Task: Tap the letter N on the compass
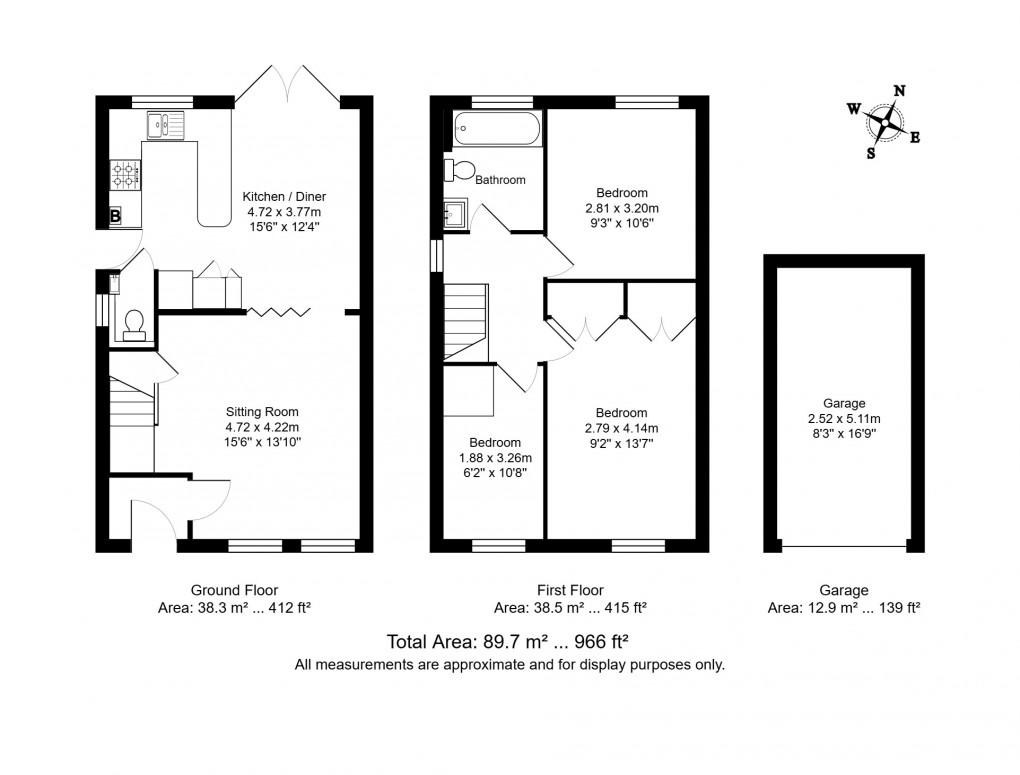(x=899, y=91)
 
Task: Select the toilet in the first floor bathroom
(x=461, y=170)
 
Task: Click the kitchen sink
(x=166, y=125)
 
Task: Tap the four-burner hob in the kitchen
(x=126, y=175)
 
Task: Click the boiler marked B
(x=115, y=215)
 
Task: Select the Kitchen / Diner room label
(x=285, y=197)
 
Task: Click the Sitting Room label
(x=262, y=411)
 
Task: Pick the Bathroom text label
(x=500, y=180)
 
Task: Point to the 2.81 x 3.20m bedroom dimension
(x=622, y=209)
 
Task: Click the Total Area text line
(x=507, y=642)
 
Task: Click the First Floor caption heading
(x=570, y=590)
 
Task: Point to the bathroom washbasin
(x=455, y=213)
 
